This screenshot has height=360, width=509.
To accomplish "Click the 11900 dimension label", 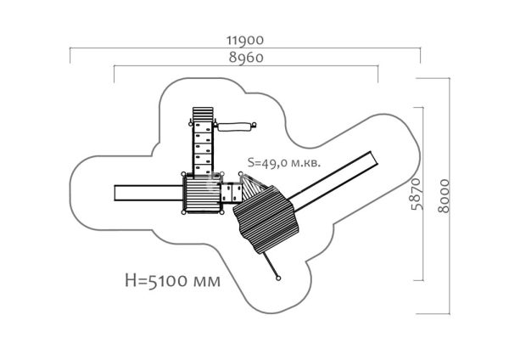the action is [x=245, y=40].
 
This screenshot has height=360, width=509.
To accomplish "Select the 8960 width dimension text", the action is [x=246, y=58].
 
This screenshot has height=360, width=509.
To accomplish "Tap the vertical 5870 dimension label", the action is [x=417, y=194].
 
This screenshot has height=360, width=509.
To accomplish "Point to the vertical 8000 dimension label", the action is [x=444, y=196].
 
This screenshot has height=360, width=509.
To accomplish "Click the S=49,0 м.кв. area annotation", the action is [x=284, y=162].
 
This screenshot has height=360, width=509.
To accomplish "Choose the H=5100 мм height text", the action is [x=173, y=280].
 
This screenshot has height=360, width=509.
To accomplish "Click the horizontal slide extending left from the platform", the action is [x=148, y=193].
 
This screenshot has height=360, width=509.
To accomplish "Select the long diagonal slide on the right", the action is [x=333, y=181].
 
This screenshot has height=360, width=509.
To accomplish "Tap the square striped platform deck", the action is [x=203, y=194].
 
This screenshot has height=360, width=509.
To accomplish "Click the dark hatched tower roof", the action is [x=266, y=219].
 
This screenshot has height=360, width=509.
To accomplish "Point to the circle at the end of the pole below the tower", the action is [x=278, y=278].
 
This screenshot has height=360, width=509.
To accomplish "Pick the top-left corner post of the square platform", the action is [x=184, y=174].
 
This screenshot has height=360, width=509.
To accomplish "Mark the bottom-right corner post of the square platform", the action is [x=221, y=212].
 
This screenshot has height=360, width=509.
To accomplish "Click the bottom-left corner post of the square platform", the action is [x=184, y=212].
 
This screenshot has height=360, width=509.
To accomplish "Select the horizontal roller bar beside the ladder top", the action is [x=234, y=127].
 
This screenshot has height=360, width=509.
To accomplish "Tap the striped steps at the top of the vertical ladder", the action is [x=203, y=115].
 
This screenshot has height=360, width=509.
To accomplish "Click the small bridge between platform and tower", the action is [x=232, y=193].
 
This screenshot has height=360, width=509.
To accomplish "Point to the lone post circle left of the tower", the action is [x=241, y=174].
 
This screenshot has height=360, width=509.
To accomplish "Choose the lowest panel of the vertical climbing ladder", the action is [x=203, y=170].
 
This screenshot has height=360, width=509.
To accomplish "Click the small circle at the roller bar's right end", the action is [x=255, y=125].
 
